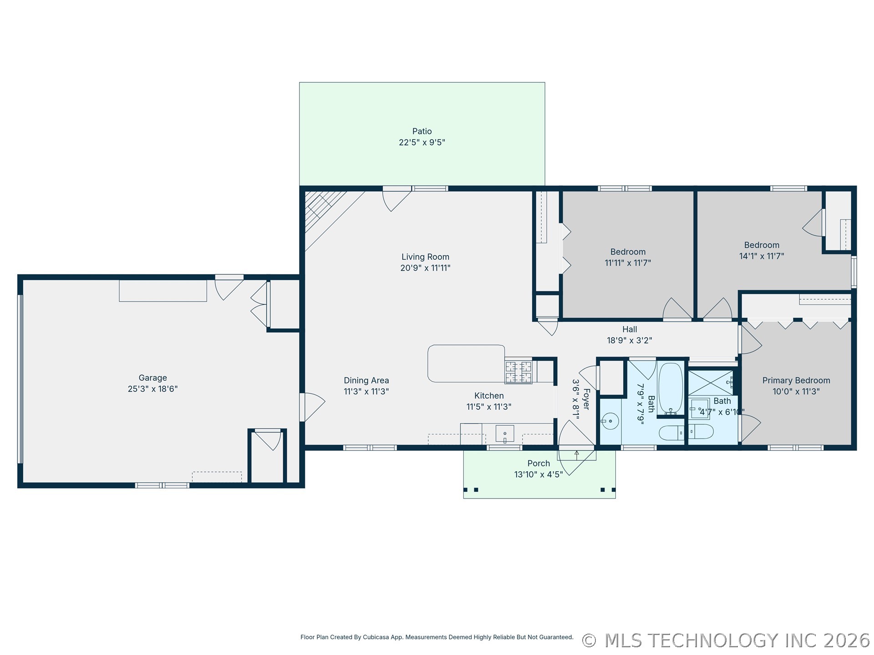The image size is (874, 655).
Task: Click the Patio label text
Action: pos(422,131)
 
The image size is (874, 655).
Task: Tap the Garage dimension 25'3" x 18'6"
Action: pos(153,389)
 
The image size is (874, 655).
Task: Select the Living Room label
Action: pos(425,257)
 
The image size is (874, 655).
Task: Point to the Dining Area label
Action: pos(366,381)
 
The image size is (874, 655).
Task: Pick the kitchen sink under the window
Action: pos(505,434)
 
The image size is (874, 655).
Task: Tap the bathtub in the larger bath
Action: pos(671,388)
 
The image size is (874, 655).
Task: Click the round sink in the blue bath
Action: pos(610,421)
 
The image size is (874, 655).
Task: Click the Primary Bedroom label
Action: pos(796,381)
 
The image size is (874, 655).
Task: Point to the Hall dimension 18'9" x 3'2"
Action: pos(630,340)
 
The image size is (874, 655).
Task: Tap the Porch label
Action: pos(539,464)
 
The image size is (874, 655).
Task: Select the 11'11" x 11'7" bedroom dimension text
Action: pos(628,263)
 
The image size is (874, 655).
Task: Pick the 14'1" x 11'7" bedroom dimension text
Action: pos(762,256)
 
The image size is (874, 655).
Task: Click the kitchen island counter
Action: pos(466,363)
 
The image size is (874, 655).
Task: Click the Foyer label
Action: pos(586,399)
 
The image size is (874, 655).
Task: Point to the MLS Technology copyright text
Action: pos(726,640)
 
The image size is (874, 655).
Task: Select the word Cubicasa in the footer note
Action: pos(376,637)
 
